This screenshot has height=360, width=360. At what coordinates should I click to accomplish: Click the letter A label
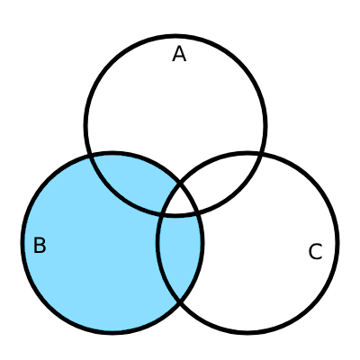[179, 54]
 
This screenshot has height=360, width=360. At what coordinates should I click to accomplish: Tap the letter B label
[40, 245]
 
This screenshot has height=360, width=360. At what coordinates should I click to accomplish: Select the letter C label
[315, 252]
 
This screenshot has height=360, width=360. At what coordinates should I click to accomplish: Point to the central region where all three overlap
[179, 202]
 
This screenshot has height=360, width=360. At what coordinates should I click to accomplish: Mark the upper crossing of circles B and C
[180, 182]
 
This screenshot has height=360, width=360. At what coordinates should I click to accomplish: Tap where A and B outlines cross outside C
[90, 156]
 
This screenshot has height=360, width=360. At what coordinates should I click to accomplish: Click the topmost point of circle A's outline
[175, 36]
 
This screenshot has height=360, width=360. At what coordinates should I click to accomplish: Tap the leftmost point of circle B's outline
[22, 243]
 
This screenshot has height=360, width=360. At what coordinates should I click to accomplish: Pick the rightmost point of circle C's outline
[338, 243]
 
